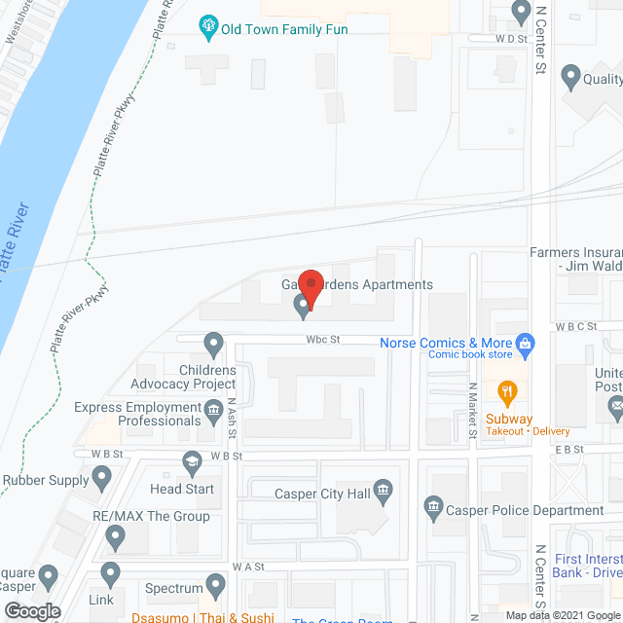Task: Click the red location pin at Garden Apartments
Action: [310, 286]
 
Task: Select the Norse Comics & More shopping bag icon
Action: [526, 343]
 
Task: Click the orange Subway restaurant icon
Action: [506, 393]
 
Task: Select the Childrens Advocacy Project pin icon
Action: [213, 343]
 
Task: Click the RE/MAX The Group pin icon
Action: [117, 534]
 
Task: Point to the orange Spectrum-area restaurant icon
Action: [215, 585]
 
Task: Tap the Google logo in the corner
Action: [31, 611]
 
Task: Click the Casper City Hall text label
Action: [323, 494]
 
